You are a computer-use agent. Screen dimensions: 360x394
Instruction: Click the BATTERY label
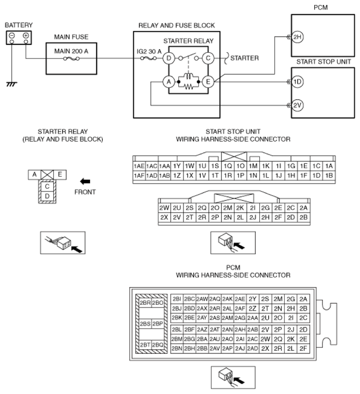pos(18,25)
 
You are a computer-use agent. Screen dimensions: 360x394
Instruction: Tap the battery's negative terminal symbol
pos(12,35)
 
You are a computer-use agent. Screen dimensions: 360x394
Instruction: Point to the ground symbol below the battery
pos(12,84)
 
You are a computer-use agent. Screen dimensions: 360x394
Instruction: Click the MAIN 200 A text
pos(71,51)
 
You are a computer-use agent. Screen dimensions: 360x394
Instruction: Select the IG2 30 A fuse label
pos(149,52)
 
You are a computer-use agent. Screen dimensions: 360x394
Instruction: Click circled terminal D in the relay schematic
pos(169,59)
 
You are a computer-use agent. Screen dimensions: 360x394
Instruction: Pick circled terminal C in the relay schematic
pos(208,59)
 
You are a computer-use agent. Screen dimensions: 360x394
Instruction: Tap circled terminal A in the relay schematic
pos(169,82)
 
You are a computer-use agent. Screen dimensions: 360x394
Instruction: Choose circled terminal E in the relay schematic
pos(208,82)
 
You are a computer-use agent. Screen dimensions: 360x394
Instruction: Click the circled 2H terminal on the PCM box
pos(297,37)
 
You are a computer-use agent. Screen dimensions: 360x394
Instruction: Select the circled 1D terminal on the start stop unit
pos(297,82)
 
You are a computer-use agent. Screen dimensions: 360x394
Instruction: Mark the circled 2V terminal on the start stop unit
pos(297,105)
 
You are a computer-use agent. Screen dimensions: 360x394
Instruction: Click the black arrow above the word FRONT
pos(85,181)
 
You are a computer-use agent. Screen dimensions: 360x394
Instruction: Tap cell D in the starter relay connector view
pos(47,196)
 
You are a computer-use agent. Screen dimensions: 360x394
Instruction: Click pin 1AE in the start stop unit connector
pos(139,166)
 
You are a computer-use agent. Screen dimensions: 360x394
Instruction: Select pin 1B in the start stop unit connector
pos(329,176)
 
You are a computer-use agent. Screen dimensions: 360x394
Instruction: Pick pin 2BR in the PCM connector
pos(145,303)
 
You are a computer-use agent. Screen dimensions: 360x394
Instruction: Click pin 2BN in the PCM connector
pos(177,349)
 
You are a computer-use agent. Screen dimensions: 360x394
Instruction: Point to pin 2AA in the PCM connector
pos(252,318)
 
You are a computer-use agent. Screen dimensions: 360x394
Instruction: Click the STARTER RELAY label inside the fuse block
pos(188,41)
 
